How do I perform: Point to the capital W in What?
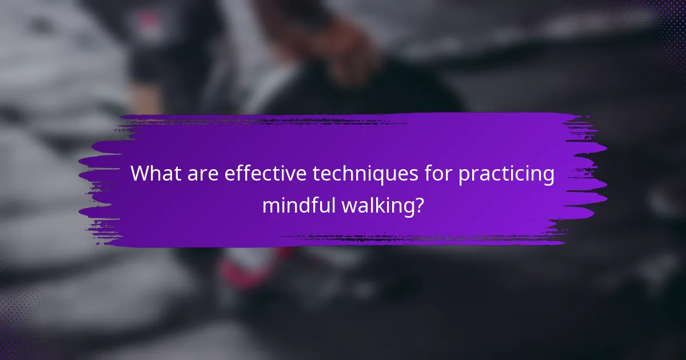141,174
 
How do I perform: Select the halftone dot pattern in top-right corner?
666,23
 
